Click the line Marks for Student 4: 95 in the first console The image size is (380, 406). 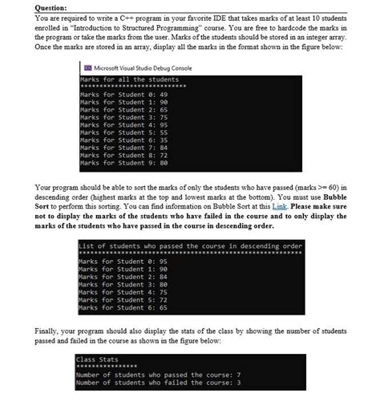tap(115, 125)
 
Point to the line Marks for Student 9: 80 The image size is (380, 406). tap(115, 163)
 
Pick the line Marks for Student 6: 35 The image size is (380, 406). tap(115, 140)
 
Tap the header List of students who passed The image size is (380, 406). tap(190, 246)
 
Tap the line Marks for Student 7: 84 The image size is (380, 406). tap(115, 148)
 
